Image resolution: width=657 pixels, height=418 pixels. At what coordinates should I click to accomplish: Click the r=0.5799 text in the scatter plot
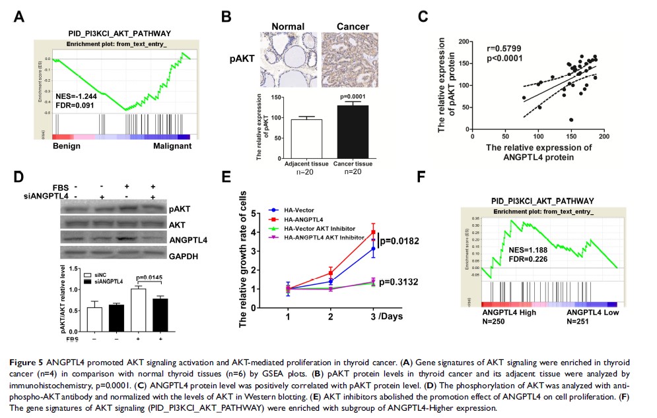[502, 49]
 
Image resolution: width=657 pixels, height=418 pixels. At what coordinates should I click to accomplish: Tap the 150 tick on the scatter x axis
[571, 137]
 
